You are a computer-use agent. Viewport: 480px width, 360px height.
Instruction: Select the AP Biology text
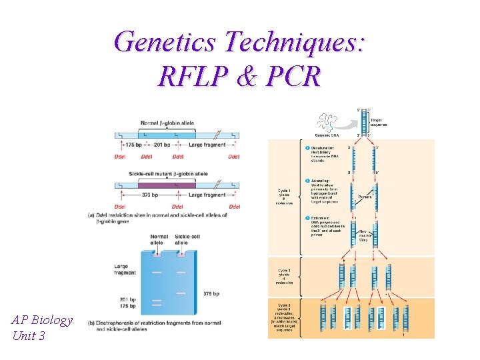pos(42,319)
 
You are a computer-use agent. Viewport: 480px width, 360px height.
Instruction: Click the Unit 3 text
pos(29,335)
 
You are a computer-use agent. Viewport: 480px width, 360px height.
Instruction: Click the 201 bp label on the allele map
pos(161,144)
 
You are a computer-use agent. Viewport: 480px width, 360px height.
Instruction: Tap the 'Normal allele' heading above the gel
pos(159,239)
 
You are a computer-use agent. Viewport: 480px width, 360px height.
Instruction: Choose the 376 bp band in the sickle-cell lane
pos(182,292)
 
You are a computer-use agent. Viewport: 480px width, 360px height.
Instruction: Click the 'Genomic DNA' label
pos(323,135)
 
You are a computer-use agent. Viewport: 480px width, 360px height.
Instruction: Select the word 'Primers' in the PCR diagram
pos(365,197)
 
